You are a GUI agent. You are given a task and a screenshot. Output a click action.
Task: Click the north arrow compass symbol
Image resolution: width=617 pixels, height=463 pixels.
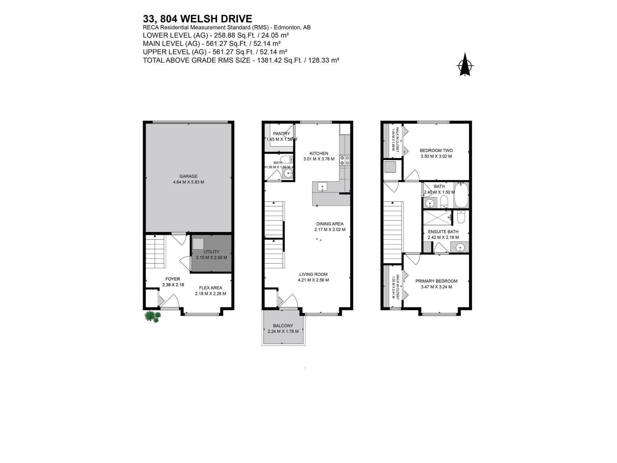point(465,66)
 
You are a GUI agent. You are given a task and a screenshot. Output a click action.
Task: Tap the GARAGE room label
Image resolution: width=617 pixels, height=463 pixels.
point(188,176)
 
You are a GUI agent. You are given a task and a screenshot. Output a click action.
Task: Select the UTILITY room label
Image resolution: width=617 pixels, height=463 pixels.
point(211,252)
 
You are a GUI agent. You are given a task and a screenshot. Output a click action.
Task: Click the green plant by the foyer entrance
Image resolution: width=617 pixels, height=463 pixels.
point(153,317)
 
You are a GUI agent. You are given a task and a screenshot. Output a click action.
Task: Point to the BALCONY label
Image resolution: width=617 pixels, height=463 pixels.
point(283,326)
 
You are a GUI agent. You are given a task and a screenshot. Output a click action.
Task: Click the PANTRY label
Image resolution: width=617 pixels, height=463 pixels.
point(281,134)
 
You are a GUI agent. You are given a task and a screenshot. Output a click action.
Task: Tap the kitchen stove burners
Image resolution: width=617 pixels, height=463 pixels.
point(344,160)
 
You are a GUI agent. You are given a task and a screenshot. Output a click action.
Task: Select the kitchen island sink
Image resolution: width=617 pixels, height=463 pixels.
point(322,187)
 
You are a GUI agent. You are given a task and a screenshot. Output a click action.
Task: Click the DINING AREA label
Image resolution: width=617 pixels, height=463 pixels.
point(330,224)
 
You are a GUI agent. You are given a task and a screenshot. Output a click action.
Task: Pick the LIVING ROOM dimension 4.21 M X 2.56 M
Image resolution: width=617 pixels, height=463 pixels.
point(313,280)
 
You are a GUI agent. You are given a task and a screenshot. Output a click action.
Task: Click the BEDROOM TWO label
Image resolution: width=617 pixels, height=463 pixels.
point(436,150)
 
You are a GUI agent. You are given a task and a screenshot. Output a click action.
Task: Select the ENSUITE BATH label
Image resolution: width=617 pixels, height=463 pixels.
point(443,232)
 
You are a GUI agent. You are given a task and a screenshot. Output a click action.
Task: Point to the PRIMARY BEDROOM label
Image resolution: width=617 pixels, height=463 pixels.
point(436,281)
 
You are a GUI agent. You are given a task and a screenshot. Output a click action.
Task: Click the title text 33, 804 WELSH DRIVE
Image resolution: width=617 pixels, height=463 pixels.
point(197,19)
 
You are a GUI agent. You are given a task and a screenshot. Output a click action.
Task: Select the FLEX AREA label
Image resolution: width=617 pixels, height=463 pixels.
point(211,288)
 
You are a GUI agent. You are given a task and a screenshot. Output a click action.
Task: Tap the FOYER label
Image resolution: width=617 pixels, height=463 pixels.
point(172,279)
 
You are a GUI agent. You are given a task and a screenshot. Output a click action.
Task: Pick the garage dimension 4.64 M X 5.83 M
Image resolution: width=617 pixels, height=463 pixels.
point(188,182)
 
